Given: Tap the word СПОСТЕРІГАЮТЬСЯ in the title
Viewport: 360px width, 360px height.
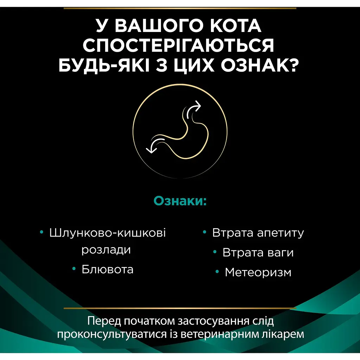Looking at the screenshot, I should coord(180,46).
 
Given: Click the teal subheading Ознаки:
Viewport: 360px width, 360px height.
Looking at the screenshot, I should coord(180,201).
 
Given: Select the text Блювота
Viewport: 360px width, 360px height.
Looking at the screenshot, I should coord(108,270).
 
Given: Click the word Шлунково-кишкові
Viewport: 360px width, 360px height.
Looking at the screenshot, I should coord(108,233).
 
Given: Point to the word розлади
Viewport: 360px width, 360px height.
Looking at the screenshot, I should coord(106,250).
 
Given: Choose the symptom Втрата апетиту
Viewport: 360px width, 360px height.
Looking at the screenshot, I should coord(258,233).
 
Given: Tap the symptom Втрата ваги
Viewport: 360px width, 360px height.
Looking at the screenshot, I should coord(258,253).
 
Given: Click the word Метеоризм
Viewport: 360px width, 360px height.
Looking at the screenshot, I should coord(258,272).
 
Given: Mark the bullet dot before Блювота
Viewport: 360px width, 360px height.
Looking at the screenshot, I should coord(74,269).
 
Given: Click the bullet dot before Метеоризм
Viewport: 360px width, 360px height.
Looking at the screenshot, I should coord(218,271).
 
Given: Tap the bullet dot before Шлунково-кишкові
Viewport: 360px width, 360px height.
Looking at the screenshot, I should coord(42,232).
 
